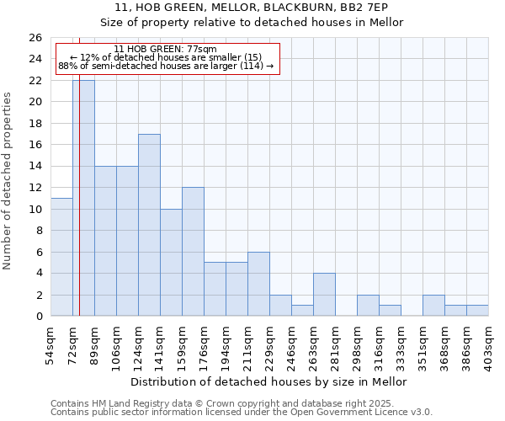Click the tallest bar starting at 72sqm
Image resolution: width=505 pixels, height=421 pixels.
83,198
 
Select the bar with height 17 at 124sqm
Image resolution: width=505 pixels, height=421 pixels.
149,225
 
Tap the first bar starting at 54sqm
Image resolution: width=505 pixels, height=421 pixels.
61,257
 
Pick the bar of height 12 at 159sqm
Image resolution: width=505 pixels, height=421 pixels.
193,252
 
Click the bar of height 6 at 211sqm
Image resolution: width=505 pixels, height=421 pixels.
258,284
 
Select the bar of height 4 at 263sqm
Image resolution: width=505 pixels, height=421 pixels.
324,295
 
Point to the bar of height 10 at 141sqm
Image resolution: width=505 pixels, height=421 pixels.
171,263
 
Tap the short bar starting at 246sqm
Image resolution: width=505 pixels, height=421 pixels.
302,311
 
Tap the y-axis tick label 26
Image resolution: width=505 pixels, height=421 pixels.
35,38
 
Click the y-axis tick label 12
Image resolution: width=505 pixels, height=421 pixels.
35,188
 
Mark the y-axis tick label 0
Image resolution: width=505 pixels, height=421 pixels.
38,317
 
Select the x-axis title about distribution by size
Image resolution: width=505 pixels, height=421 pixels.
269,381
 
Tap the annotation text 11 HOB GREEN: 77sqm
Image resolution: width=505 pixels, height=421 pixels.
165,50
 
